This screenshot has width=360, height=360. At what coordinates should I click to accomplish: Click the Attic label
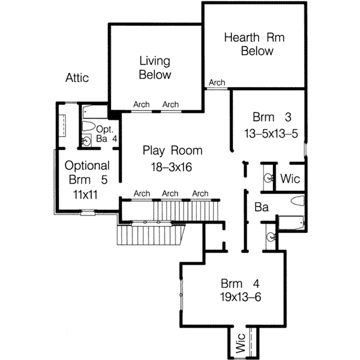coord(77,78)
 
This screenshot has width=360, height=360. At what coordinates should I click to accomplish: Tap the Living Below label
coord(155,68)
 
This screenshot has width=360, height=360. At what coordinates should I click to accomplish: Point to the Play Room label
coord(173,151)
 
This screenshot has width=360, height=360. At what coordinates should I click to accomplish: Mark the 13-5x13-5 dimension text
coord(271,133)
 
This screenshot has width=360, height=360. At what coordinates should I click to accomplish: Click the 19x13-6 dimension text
coord(239,297)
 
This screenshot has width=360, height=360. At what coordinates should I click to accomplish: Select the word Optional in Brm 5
coord(87,166)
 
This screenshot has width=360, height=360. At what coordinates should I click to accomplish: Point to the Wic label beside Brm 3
coord(290,179)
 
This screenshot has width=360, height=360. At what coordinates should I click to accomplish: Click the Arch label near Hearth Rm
coord(217,83)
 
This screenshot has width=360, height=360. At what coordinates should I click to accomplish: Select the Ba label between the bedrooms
coord(262,208)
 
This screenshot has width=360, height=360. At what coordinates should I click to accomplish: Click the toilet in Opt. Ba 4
coord(89,127)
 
